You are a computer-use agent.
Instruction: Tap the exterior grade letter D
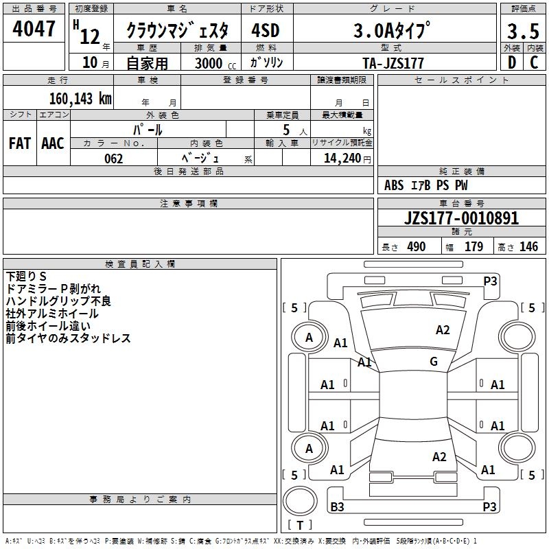click(511, 62)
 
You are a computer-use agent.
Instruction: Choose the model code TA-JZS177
click(393, 63)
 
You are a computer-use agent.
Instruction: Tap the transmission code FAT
click(20, 143)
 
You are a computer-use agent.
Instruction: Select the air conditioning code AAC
click(53, 143)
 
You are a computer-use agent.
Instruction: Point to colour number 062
click(114, 159)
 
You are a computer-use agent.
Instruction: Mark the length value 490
click(416, 247)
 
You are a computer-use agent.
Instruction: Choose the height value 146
click(528, 247)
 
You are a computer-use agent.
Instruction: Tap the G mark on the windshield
click(434, 362)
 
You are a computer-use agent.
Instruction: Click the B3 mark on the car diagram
click(337, 507)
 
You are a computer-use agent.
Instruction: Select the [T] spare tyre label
click(300, 526)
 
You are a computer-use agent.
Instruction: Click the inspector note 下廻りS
click(26, 276)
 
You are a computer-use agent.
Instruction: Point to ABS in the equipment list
click(394, 185)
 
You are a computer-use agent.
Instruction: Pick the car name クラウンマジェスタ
click(182, 32)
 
